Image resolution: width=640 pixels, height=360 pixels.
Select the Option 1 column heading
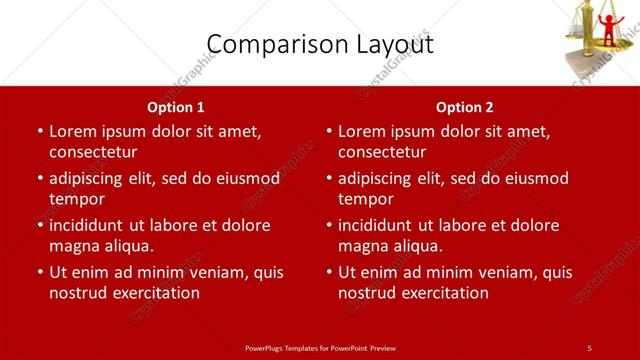(x=176, y=106)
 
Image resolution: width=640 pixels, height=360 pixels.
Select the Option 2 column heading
(x=465, y=106)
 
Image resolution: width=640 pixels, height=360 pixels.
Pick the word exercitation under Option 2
(x=443, y=293)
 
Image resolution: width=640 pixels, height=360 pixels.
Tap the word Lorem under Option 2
(x=362, y=131)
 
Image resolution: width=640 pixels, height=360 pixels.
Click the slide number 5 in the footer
(x=589, y=347)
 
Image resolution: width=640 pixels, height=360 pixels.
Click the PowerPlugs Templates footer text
(x=320, y=347)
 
